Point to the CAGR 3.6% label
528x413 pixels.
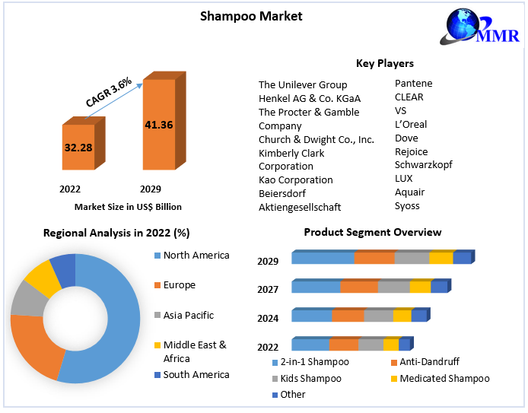pos(109,91)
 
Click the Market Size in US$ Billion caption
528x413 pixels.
pos(128,206)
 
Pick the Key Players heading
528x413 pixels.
pos(384,63)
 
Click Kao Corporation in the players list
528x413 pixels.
pos(295,179)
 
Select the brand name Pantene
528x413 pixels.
pos(413,83)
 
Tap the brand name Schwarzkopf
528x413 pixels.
pos(423,164)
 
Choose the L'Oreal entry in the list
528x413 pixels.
pos(411,124)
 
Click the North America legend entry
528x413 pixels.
pos(196,256)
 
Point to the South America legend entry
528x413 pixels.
pos(196,374)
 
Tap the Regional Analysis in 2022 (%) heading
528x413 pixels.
pos(116,233)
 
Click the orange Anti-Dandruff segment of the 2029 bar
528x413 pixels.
pos(374,259)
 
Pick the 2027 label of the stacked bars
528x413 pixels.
pos(268,289)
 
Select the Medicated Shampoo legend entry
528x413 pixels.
pos(444,378)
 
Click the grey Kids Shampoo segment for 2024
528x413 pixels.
pos(377,316)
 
